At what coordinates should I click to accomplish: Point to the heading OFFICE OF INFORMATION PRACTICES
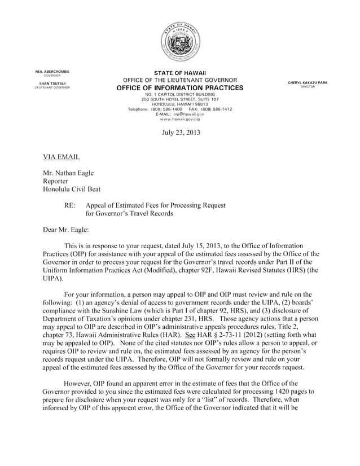point(180,88)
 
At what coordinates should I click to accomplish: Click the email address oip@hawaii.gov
point(187,114)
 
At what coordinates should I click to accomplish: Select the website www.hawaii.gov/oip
point(180,119)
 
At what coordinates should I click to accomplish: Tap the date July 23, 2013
point(180,133)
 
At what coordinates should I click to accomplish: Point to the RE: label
point(71,206)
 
